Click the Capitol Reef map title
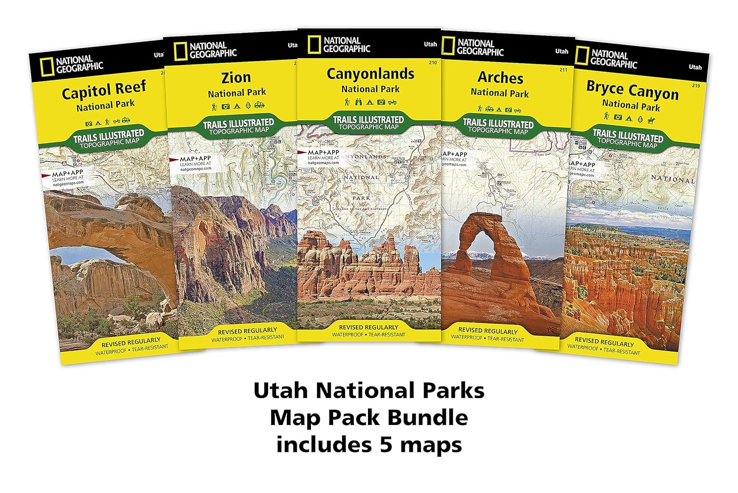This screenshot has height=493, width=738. pyautogui.click(x=104, y=90)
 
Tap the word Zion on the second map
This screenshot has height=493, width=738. pyautogui.click(x=236, y=77)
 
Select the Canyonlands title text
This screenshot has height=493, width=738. pyautogui.click(x=370, y=74)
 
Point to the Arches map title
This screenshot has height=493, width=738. pyautogui.click(x=500, y=77)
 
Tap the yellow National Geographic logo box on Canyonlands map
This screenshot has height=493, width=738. pyautogui.click(x=314, y=45)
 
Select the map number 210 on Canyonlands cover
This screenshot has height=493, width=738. pyautogui.click(x=433, y=63)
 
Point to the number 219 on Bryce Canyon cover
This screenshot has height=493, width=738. pyautogui.click(x=695, y=86)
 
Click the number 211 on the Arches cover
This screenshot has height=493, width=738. pyautogui.click(x=563, y=69)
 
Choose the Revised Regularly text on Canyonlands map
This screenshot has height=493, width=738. pyautogui.click(x=369, y=327)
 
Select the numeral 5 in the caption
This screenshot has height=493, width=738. pyautogui.click(x=386, y=445)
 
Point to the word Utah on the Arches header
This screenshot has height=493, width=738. pyautogui.click(x=561, y=51)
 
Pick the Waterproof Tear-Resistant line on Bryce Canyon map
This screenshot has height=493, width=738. pyautogui.click(x=603, y=350)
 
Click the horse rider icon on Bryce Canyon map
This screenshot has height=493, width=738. pyautogui.click(x=651, y=120)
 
